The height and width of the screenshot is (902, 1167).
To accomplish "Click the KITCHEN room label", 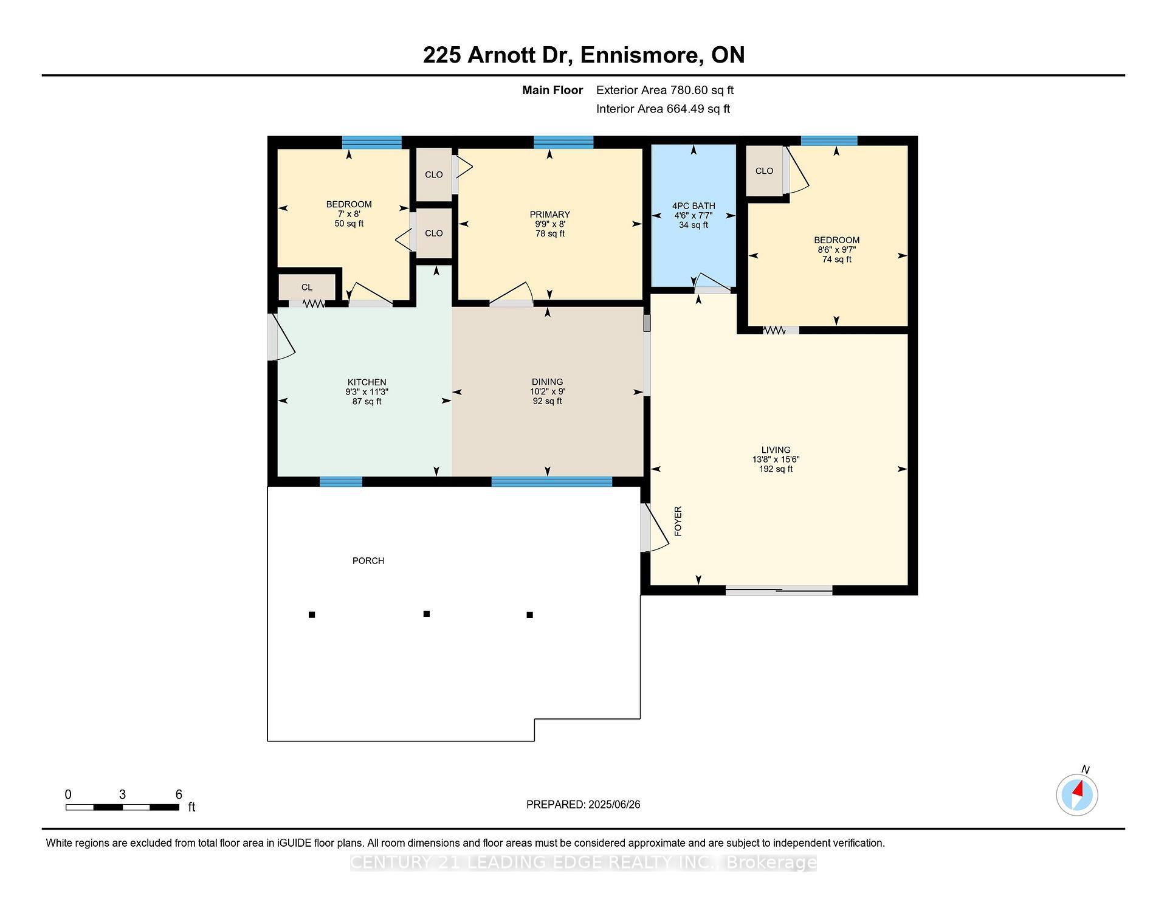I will (367, 382).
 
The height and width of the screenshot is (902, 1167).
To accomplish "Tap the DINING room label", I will (547, 382).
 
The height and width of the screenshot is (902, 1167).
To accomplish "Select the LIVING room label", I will (776, 450).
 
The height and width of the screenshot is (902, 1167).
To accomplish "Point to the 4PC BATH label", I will (694, 206).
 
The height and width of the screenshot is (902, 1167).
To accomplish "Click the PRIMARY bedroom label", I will (549, 215).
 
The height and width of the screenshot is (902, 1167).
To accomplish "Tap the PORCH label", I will (368, 561).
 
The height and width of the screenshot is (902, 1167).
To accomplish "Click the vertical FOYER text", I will (678, 521).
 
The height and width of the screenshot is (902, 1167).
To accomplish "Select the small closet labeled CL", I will (307, 287).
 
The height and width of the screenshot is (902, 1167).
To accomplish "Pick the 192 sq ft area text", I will (776, 469).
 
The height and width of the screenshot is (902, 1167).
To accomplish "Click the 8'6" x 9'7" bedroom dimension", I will (836, 250).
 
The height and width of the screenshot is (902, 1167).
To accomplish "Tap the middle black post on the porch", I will (427, 614).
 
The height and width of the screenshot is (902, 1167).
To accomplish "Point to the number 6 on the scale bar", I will (179, 794).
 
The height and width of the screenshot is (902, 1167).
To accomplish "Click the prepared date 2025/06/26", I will (614, 805).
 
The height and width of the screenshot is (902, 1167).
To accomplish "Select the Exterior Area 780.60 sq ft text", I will (665, 91).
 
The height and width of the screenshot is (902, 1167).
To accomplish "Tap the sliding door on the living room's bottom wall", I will (779, 590).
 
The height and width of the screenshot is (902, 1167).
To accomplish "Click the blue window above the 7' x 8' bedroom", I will (371, 142).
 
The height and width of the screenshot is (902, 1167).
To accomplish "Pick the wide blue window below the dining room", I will (551, 482).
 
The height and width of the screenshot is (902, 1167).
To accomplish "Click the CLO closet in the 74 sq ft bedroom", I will (764, 171).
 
